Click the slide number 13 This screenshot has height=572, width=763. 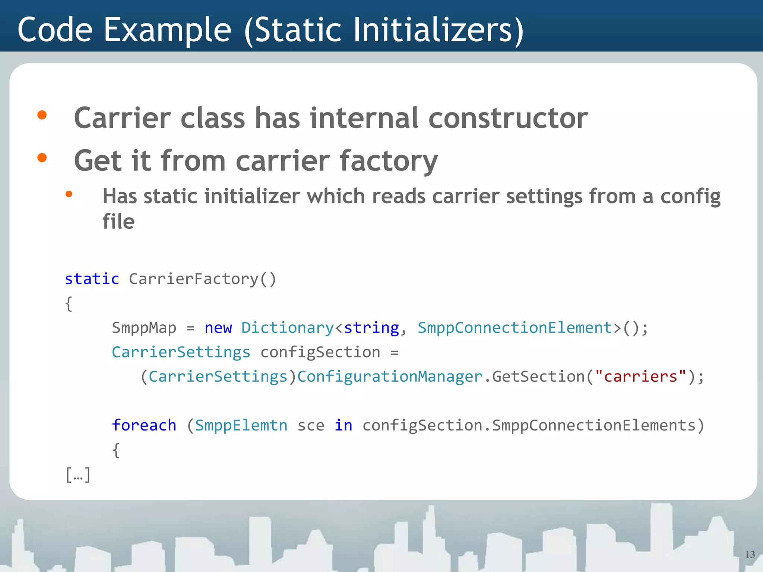[750, 554]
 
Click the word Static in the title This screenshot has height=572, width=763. [298, 30]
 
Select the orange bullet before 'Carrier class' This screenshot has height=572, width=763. [42, 115]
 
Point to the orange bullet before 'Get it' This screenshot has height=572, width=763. [42, 158]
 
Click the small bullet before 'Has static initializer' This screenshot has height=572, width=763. [69, 194]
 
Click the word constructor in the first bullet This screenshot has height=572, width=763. [508, 118]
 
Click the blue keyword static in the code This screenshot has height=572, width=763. [92, 279]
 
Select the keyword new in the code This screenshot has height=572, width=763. [218, 328]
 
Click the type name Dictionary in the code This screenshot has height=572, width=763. [287, 328]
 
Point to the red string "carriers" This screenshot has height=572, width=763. [640, 376]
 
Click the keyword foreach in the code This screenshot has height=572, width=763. [144, 425]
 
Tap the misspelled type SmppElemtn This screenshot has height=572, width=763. [241, 425]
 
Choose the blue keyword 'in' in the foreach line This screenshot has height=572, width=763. [343, 425]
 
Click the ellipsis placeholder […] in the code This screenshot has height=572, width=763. [78, 475]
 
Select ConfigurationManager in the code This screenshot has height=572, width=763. [390, 376]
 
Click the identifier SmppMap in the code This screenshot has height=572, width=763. [144, 328]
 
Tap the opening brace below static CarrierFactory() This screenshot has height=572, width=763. [69, 304]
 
